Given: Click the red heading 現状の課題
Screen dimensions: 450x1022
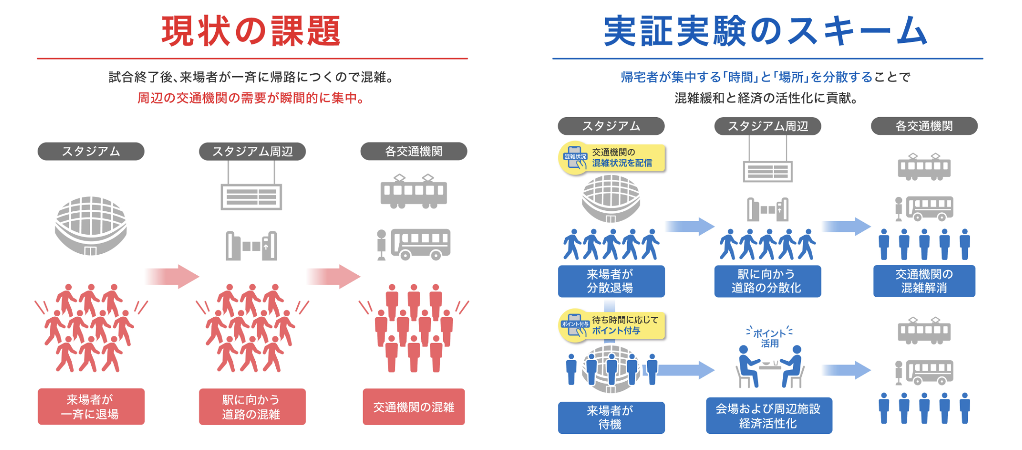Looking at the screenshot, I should click(x=251, y=31).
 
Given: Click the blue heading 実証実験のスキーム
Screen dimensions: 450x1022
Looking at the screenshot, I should click(x=765, y=31).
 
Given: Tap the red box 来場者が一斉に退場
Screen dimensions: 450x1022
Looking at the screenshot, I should click(x=91, y=407).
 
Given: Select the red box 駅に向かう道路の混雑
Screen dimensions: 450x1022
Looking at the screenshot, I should click(x=252, y=407).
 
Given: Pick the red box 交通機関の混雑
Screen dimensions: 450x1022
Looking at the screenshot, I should click(x=413, y=407).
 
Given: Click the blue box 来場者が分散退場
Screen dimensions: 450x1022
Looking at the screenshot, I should click(x=611, y=281).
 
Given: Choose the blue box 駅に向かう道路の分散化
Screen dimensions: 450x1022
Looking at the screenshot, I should click(x=767, y=281).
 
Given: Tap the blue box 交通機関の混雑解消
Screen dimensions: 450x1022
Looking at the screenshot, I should click(x=924, y=281).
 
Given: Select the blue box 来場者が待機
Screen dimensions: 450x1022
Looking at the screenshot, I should click(x=611, y=417).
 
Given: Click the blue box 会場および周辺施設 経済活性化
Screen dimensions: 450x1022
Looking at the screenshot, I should click(x=769, y=415).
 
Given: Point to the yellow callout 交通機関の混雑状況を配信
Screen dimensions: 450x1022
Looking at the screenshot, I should click(x=613, y=158).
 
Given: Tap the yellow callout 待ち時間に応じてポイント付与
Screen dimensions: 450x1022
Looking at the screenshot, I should click(x=613, y=325).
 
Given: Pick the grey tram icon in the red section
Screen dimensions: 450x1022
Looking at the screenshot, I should click(x=414, y=191).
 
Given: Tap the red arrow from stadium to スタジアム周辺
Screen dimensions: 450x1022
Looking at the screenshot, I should click(x=172, y=276).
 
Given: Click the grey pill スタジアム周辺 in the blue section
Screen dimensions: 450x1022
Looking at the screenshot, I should click(x=767, y=126).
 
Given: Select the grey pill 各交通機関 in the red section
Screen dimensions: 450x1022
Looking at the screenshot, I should click(x=413, y=151).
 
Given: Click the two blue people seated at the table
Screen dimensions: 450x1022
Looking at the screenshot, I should click(x=770, y=367).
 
